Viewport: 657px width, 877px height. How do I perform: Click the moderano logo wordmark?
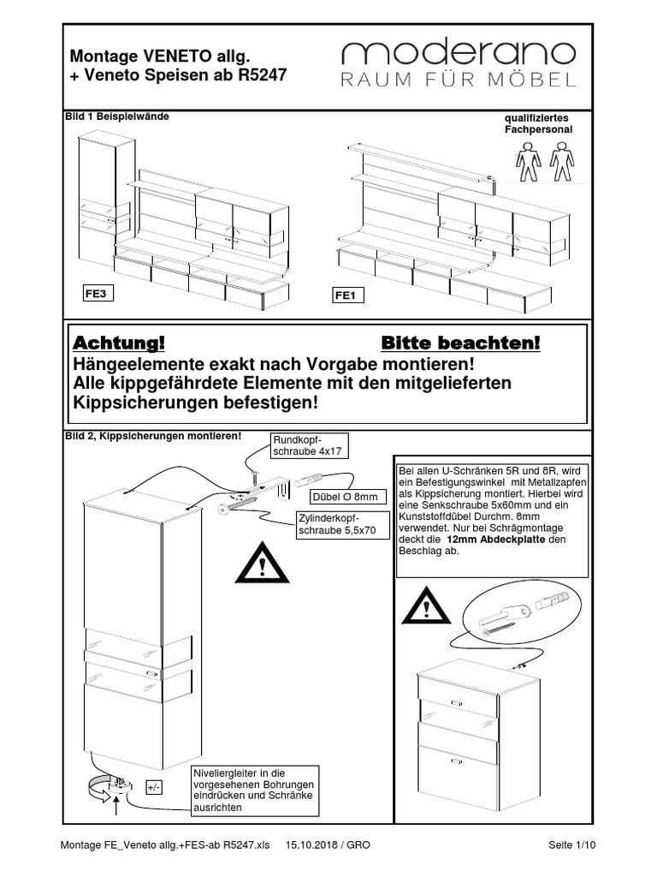459,54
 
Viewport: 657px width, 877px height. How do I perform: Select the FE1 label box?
348,296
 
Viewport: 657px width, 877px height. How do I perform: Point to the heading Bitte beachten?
461,343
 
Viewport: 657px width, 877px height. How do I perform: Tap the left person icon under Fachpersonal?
528,161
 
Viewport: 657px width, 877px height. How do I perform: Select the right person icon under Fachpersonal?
559,161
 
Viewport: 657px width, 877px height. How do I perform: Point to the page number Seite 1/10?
571,845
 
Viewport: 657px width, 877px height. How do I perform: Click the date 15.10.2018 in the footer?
317,845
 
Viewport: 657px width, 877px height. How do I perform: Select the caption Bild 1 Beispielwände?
112,116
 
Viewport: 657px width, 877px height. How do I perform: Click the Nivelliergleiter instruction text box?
253,790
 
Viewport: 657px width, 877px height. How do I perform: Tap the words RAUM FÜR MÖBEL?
459,81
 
